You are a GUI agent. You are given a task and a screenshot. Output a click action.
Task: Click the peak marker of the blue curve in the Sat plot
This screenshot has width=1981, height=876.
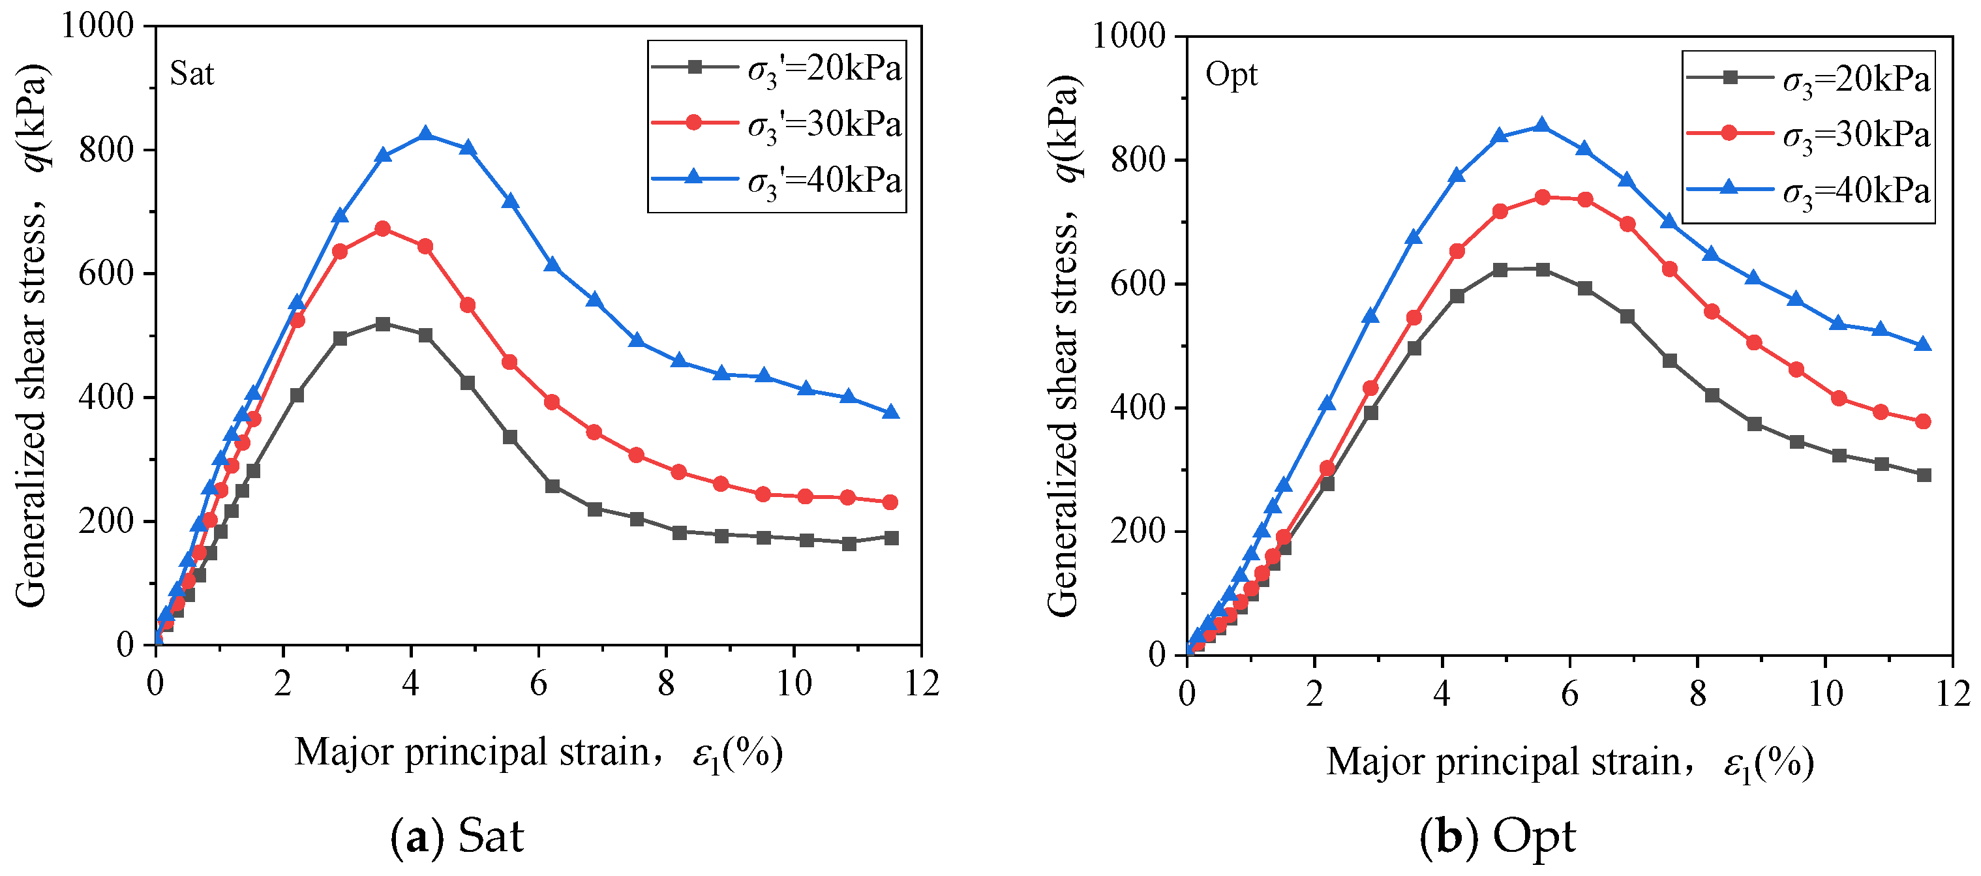click(425, 134)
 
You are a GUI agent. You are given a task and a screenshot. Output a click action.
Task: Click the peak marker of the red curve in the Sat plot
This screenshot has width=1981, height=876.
click(382, 228)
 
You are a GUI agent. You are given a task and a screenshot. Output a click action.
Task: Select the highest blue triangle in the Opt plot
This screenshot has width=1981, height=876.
click(1542, 125)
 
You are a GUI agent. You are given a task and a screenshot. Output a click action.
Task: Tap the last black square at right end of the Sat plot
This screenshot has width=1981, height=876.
click(891, 537)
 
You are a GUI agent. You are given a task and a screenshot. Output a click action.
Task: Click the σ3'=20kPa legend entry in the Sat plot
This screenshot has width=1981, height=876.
click(777, 69)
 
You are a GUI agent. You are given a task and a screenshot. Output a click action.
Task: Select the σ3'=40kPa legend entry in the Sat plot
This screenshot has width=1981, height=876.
click(777, 181)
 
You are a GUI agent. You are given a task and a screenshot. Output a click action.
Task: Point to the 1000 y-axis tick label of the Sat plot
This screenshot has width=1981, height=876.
click(97, 25)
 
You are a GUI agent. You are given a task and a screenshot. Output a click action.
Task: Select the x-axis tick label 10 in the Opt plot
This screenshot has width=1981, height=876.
click(1825, 694)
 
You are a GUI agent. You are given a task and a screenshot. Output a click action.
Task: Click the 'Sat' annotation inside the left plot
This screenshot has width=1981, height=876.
click(192, 74)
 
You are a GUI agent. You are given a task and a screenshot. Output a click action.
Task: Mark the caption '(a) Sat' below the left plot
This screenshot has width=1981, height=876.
click(457, 837)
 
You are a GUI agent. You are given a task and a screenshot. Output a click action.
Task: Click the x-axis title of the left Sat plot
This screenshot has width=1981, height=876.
click(539, 753)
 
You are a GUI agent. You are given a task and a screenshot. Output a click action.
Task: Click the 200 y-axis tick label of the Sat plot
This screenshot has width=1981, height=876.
click(107, 521)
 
